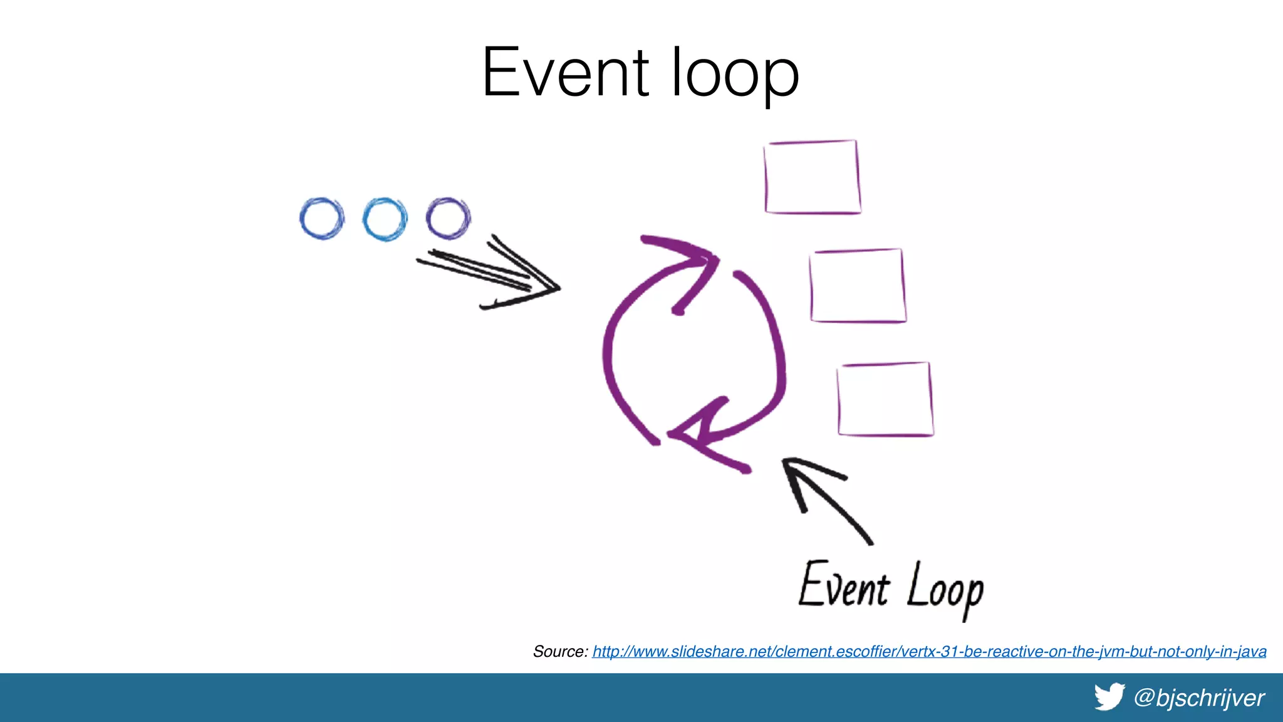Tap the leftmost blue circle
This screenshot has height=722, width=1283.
pyautogui.click(x=321, y=219)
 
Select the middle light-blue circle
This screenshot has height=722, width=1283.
pyautogui.click(x=385, y=219)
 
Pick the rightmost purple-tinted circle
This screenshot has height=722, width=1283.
pyautogui.click(x=448, y=219)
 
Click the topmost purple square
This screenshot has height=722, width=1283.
pyautogui.click(x=812, y=177)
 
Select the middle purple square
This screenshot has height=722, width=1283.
pyautogui.click(x=857, y=286)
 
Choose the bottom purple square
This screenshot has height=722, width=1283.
pyautogui.click(x=885, y=399)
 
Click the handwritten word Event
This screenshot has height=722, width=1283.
pyautogui.click(x=843, y=585)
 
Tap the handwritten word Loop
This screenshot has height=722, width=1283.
pyautogui.click(x=945, y=589)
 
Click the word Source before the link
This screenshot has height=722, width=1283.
pyautogui.click(x=559, y=652)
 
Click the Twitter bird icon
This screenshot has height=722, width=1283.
pyautogui.click(x=1109, y=697)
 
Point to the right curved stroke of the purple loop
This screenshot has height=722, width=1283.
pyautogui.click(x=777, y=351)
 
